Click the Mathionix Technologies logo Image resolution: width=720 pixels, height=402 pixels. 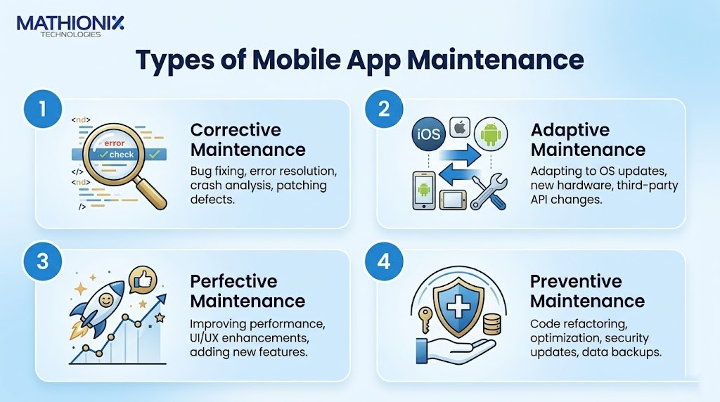point(70,27)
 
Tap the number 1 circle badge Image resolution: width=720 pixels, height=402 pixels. point(43,109)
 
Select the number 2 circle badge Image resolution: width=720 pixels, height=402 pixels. point(384,109)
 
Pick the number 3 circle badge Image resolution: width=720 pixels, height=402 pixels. point(43,261)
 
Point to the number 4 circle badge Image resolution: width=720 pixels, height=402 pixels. point(384,261)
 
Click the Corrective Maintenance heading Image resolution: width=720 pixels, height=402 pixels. point(248,140)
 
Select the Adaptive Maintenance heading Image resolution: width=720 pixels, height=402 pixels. point(588,140)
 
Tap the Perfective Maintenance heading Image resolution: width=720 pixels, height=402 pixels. point(247,291)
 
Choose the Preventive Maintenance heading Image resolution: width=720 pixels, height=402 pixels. point(587,291)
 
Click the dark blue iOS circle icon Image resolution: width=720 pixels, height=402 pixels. point(428,134)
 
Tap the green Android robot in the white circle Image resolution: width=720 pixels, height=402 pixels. point(491,134)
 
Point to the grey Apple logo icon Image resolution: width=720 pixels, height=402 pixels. point(460,127)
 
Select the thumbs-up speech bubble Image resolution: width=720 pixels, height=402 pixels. point(143,280)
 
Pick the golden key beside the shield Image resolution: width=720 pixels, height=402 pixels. point(425,319)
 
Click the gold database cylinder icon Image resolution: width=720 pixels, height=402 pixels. point(491,323)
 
